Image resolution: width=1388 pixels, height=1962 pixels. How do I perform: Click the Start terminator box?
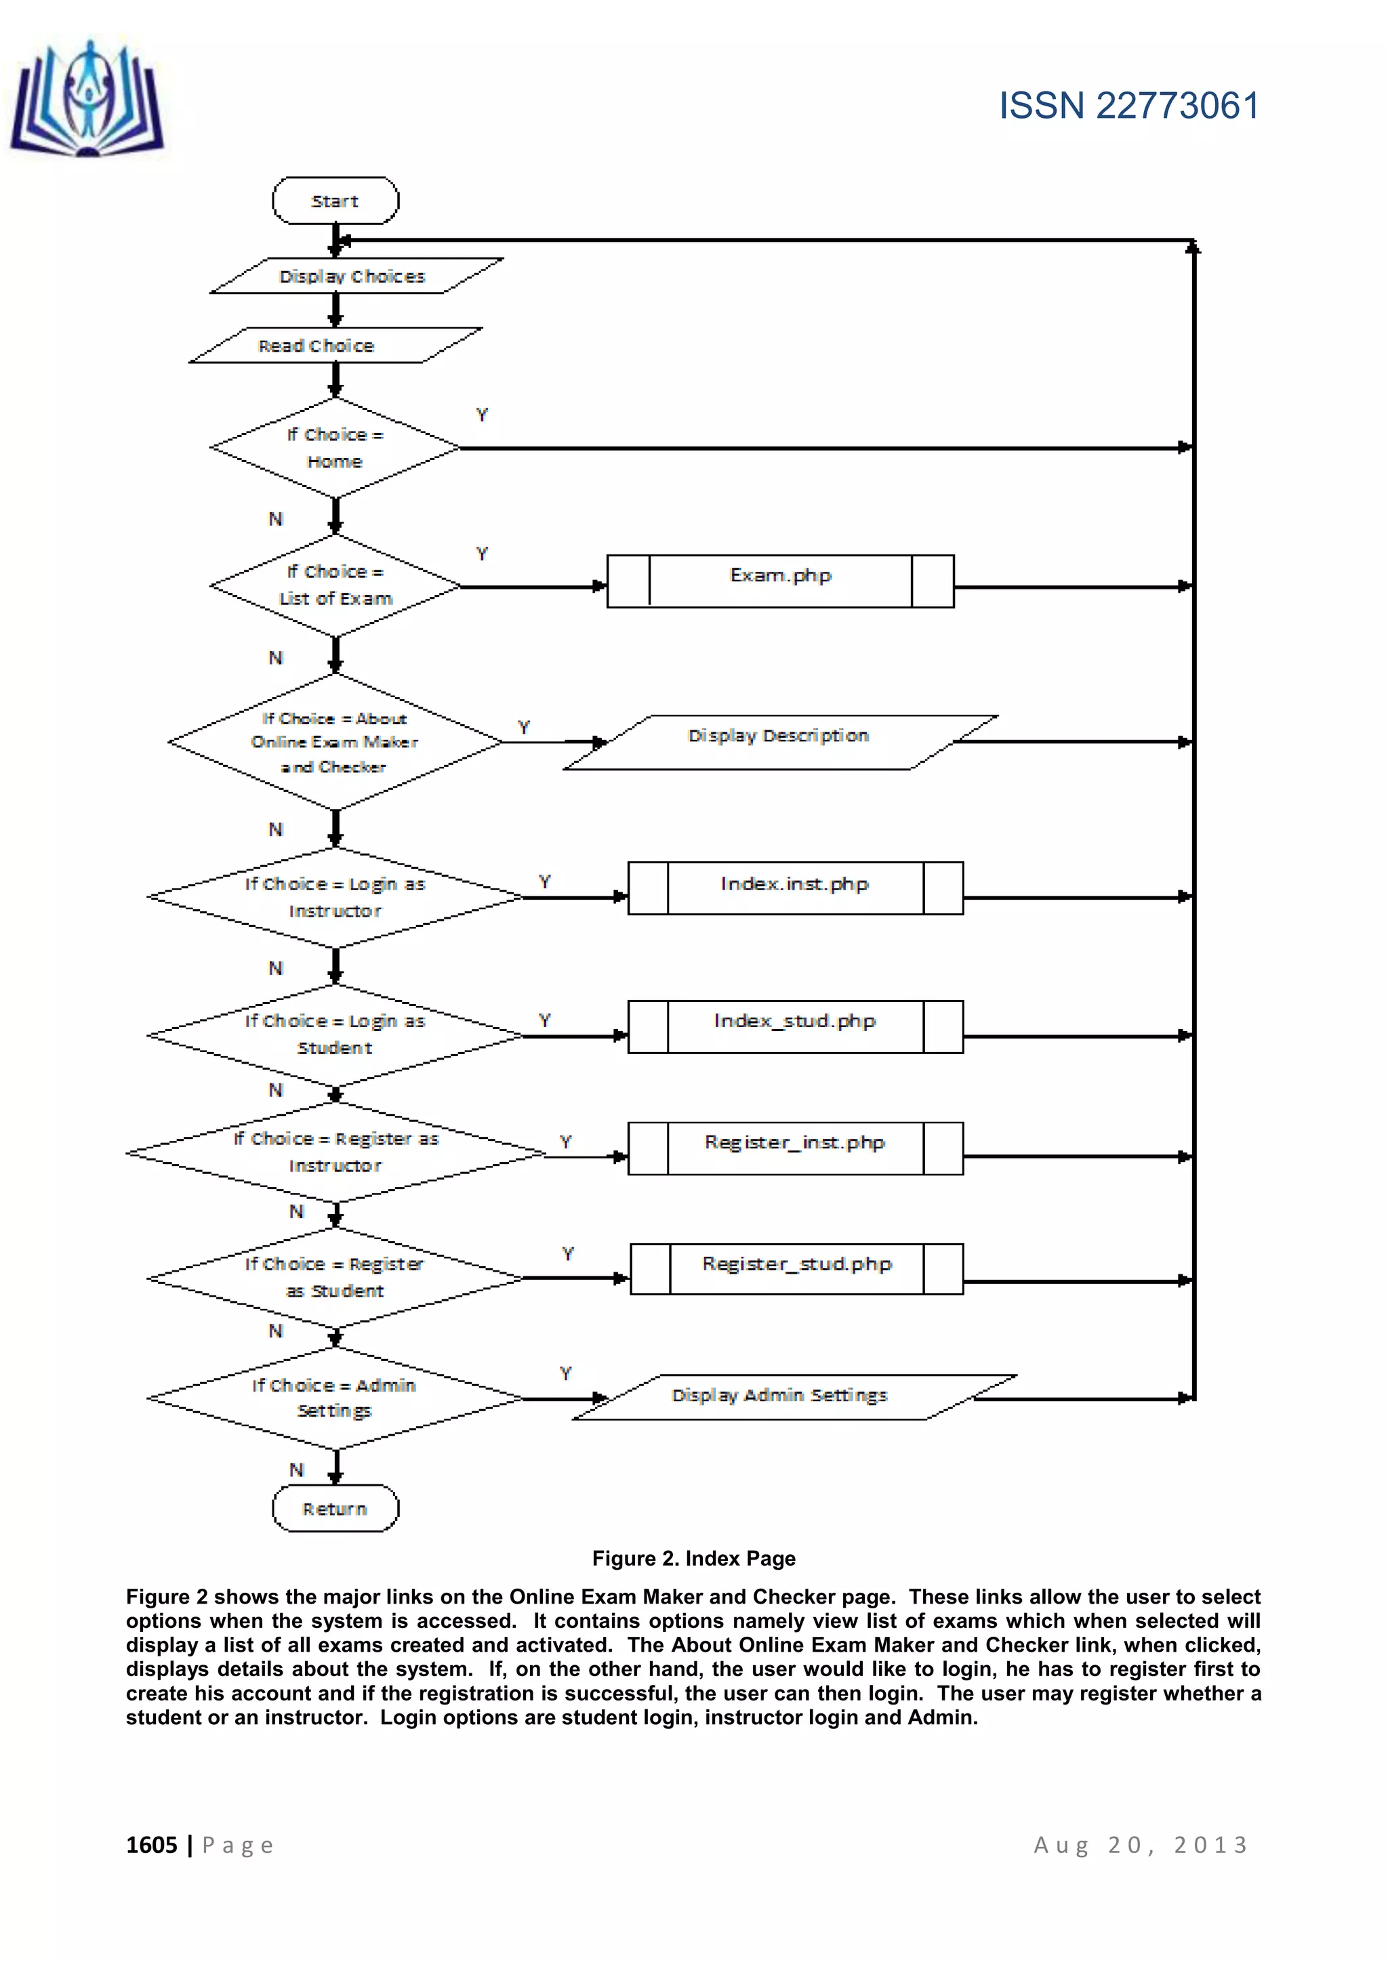click(x=335, y=201)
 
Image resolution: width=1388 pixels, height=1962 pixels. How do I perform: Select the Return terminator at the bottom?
click(x=335, y=1508)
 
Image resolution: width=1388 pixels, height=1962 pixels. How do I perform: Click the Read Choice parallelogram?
click(x=335, y=346)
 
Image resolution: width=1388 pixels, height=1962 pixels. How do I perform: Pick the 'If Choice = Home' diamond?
click(x=335, y=448)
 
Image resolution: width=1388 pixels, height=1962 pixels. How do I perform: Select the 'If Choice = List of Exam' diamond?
click(x=335, y=585)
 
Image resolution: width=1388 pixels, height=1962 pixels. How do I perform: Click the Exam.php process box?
click(x=779, y=581)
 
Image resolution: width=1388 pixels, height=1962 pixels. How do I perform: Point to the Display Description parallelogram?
click(x=779, y=742)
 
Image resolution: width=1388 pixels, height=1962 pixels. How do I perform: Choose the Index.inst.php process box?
click(x=795, y=888)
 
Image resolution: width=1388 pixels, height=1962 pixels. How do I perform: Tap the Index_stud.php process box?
click(x=795, y=1026)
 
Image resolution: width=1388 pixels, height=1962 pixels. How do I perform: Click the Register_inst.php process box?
click(x=795, y=1148)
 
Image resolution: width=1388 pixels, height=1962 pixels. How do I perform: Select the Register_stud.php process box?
click(x=796, y=1269)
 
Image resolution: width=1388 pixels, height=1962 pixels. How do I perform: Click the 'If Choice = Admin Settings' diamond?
click(x=335, y=1398)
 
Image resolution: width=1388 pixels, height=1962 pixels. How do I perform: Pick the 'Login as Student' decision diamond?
click(x=335, y=1035)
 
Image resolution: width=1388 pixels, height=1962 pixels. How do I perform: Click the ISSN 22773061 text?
click(x=1129, y=106)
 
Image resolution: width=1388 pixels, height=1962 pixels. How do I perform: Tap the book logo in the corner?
click(x=87, y=101)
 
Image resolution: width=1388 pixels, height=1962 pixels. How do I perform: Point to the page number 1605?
click(x=151, y=1845)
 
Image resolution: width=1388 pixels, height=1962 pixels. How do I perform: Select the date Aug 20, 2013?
click(x=1141, y=1845)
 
